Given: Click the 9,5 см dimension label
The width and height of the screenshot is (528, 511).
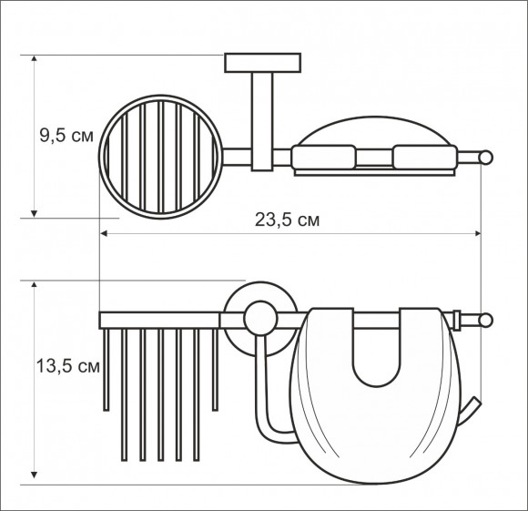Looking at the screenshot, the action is [66, 136].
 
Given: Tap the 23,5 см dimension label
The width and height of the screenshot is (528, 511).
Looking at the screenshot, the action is [287, 220].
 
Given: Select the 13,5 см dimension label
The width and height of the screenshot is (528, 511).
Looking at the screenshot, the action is [68, 366].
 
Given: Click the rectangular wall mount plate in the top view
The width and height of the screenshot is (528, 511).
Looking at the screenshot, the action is [263, 63].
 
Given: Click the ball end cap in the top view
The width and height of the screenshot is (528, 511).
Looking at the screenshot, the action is [486, 158].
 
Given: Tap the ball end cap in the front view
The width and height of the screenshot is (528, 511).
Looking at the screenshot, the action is [486, 320].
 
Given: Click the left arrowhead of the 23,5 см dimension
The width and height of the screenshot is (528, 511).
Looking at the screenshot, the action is [104, 233].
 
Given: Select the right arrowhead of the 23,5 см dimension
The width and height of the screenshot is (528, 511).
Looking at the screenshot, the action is [478, 233].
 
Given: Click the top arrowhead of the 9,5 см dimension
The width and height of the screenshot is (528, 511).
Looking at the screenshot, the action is [34, 58].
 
